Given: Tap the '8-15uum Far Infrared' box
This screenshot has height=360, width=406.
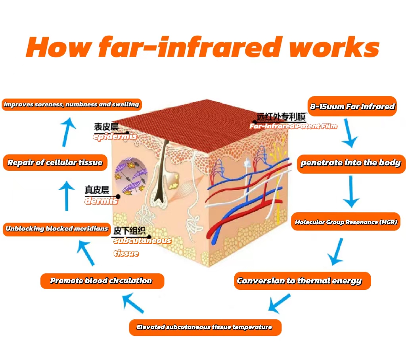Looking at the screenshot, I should click(x=352, y=106).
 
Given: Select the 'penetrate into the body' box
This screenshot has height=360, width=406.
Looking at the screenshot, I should click(x=351, y=163).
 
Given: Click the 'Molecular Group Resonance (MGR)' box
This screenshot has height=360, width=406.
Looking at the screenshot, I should click(x=346, y=222).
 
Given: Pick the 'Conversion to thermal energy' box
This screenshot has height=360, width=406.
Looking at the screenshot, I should click(x=299, y=281).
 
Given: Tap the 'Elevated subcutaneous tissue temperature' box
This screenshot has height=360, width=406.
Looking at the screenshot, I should click(x=205, y=327).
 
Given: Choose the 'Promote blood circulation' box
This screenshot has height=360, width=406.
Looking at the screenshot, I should click(x=101, y=281).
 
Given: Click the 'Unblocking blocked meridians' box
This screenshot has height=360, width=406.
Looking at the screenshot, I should click(x=57, y=229).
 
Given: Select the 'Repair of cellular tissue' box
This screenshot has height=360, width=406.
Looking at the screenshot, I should click(x=55, y=163).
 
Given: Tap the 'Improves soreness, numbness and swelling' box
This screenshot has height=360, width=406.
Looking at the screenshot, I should click(x=72, y=105).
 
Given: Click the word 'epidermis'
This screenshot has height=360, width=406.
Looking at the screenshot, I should click(x=115, y=137).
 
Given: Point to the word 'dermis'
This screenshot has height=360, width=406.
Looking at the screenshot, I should click(x=101, y=201).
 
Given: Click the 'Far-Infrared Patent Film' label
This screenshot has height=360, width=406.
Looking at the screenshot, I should click(x=293, y=126).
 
